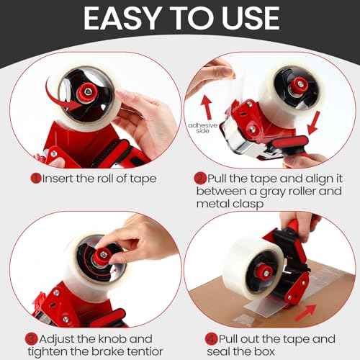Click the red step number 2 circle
(199, 178)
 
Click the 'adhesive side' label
(201, 129)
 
